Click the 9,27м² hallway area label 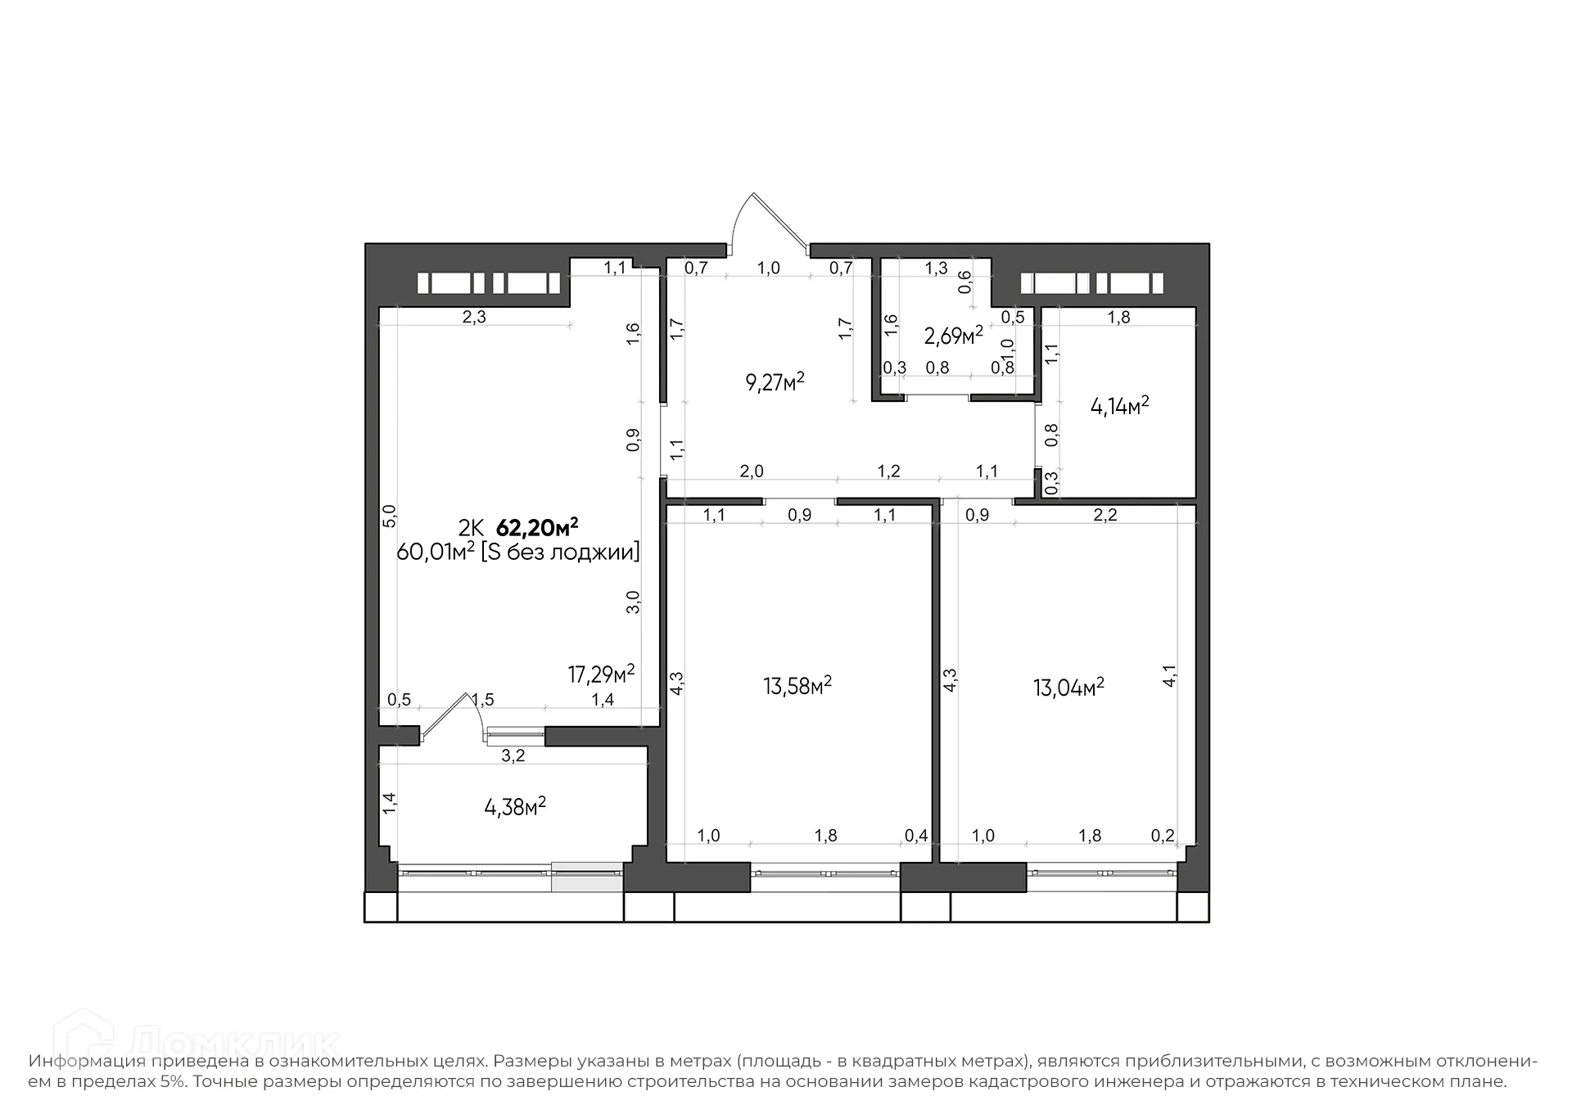(x=775, y=381)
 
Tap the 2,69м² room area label (x=953, y=335)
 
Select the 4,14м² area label (x=1119, y=405)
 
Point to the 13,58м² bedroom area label (x=797, y=685)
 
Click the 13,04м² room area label (x=1068, y=686)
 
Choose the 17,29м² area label (x=601, y=674)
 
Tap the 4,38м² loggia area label (x=515, y=807)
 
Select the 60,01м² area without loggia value (x=435, y=552)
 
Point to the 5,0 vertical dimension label (x=390, y=515)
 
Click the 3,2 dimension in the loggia (x=513, y=755)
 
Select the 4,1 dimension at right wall (x=1170, y=675)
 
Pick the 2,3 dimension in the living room (x=474, y=317)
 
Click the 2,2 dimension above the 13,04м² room (x=1104, y=515)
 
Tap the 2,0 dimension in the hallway (x=751, y=471)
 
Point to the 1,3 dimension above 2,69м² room (x=936, y=268)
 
